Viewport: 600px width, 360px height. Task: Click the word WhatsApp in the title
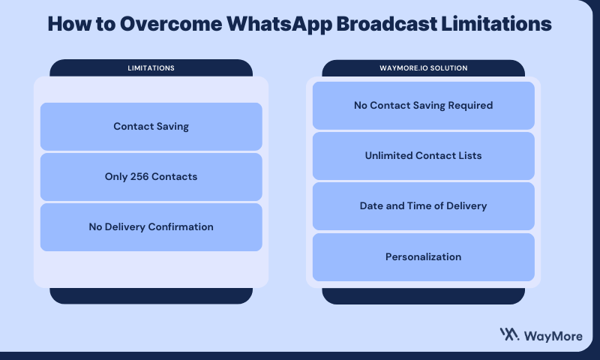[279, 25]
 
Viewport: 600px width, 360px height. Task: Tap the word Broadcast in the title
[386, 24]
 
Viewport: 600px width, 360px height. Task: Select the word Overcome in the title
[171, 24]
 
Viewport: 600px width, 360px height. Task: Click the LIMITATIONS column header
[151, 68]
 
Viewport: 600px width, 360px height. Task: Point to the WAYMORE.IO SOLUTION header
[424, 68]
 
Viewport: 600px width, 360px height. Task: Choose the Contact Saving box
[151, 127]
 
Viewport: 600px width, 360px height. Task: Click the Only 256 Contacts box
[151, 177]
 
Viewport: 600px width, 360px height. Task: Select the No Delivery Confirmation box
[151, 227]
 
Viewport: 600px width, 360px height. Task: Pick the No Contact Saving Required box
[424, 106]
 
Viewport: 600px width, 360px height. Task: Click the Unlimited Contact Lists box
[424, 156]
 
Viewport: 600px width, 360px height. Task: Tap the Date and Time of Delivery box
[424, 206]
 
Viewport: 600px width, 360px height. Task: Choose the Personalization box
[424, 257]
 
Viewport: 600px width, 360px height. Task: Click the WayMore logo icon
[510, 334]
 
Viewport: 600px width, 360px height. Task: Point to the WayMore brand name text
[553, 336]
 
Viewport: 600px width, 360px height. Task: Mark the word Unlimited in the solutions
[388, 156]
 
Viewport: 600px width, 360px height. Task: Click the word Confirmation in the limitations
[181, 226]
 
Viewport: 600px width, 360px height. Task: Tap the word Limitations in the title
[496, 24]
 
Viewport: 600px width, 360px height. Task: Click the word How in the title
[70, 24]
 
